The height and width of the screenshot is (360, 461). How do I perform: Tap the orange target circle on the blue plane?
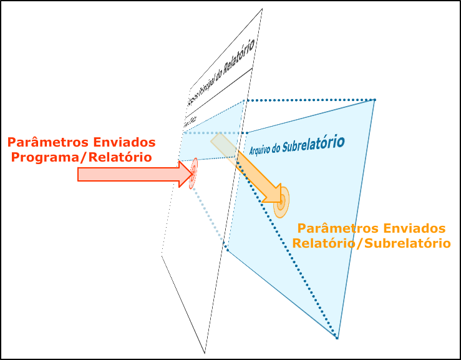pyautogui.click(x=281, y=202)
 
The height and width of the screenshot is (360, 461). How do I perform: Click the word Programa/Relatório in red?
pyautogui.click(x=82, y=157)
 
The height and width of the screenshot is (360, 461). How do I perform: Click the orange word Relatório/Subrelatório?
pyautogui.click(x=371, y=243)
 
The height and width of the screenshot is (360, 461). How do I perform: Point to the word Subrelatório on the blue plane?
pyautogui.click(x=312, y=145)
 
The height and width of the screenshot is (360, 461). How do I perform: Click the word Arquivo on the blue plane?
pyautogui.click(x=263, y=150)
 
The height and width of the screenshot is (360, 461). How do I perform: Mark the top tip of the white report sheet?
pyautogui.click(x=262, y=9)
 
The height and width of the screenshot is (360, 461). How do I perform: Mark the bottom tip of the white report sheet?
pyautogui.click(x=205, y=353)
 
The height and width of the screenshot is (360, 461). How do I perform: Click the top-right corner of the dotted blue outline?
pyautogui.click(x=374, y=100)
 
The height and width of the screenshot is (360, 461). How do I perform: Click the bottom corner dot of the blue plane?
pyautogui.click(x=337, y=338)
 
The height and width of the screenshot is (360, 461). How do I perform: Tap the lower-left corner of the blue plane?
pyautogui.click(x=227, y=250)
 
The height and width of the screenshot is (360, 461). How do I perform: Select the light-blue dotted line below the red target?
pyautogui.click(x=209, y=215)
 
